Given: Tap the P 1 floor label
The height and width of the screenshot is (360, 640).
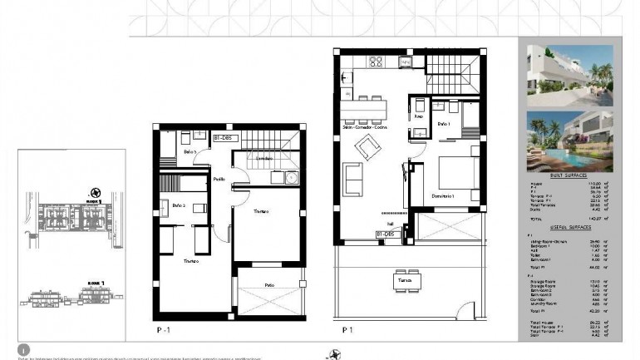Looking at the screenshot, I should pyautogui.click(x=347, y=329).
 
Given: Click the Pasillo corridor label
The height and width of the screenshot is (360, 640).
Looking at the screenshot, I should pyautogui.click(x=219, y=179).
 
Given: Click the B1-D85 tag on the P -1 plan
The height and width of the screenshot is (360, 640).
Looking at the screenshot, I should pyautogui.click(x=222, y=137).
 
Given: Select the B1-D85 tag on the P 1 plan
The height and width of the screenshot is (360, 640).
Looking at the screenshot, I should pyautogui.click(x=382, y=236).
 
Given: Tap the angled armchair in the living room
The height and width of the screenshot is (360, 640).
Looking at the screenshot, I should pyautogui.click(x=366, y=150).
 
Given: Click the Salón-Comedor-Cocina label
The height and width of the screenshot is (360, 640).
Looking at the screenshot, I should pyautogui.click(x=370, y=126).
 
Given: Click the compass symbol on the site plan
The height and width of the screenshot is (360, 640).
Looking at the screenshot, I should pyautogui.click(x=96, y=190).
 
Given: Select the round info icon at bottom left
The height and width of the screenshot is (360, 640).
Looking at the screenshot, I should pyautogui.click(x=24, y=350).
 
